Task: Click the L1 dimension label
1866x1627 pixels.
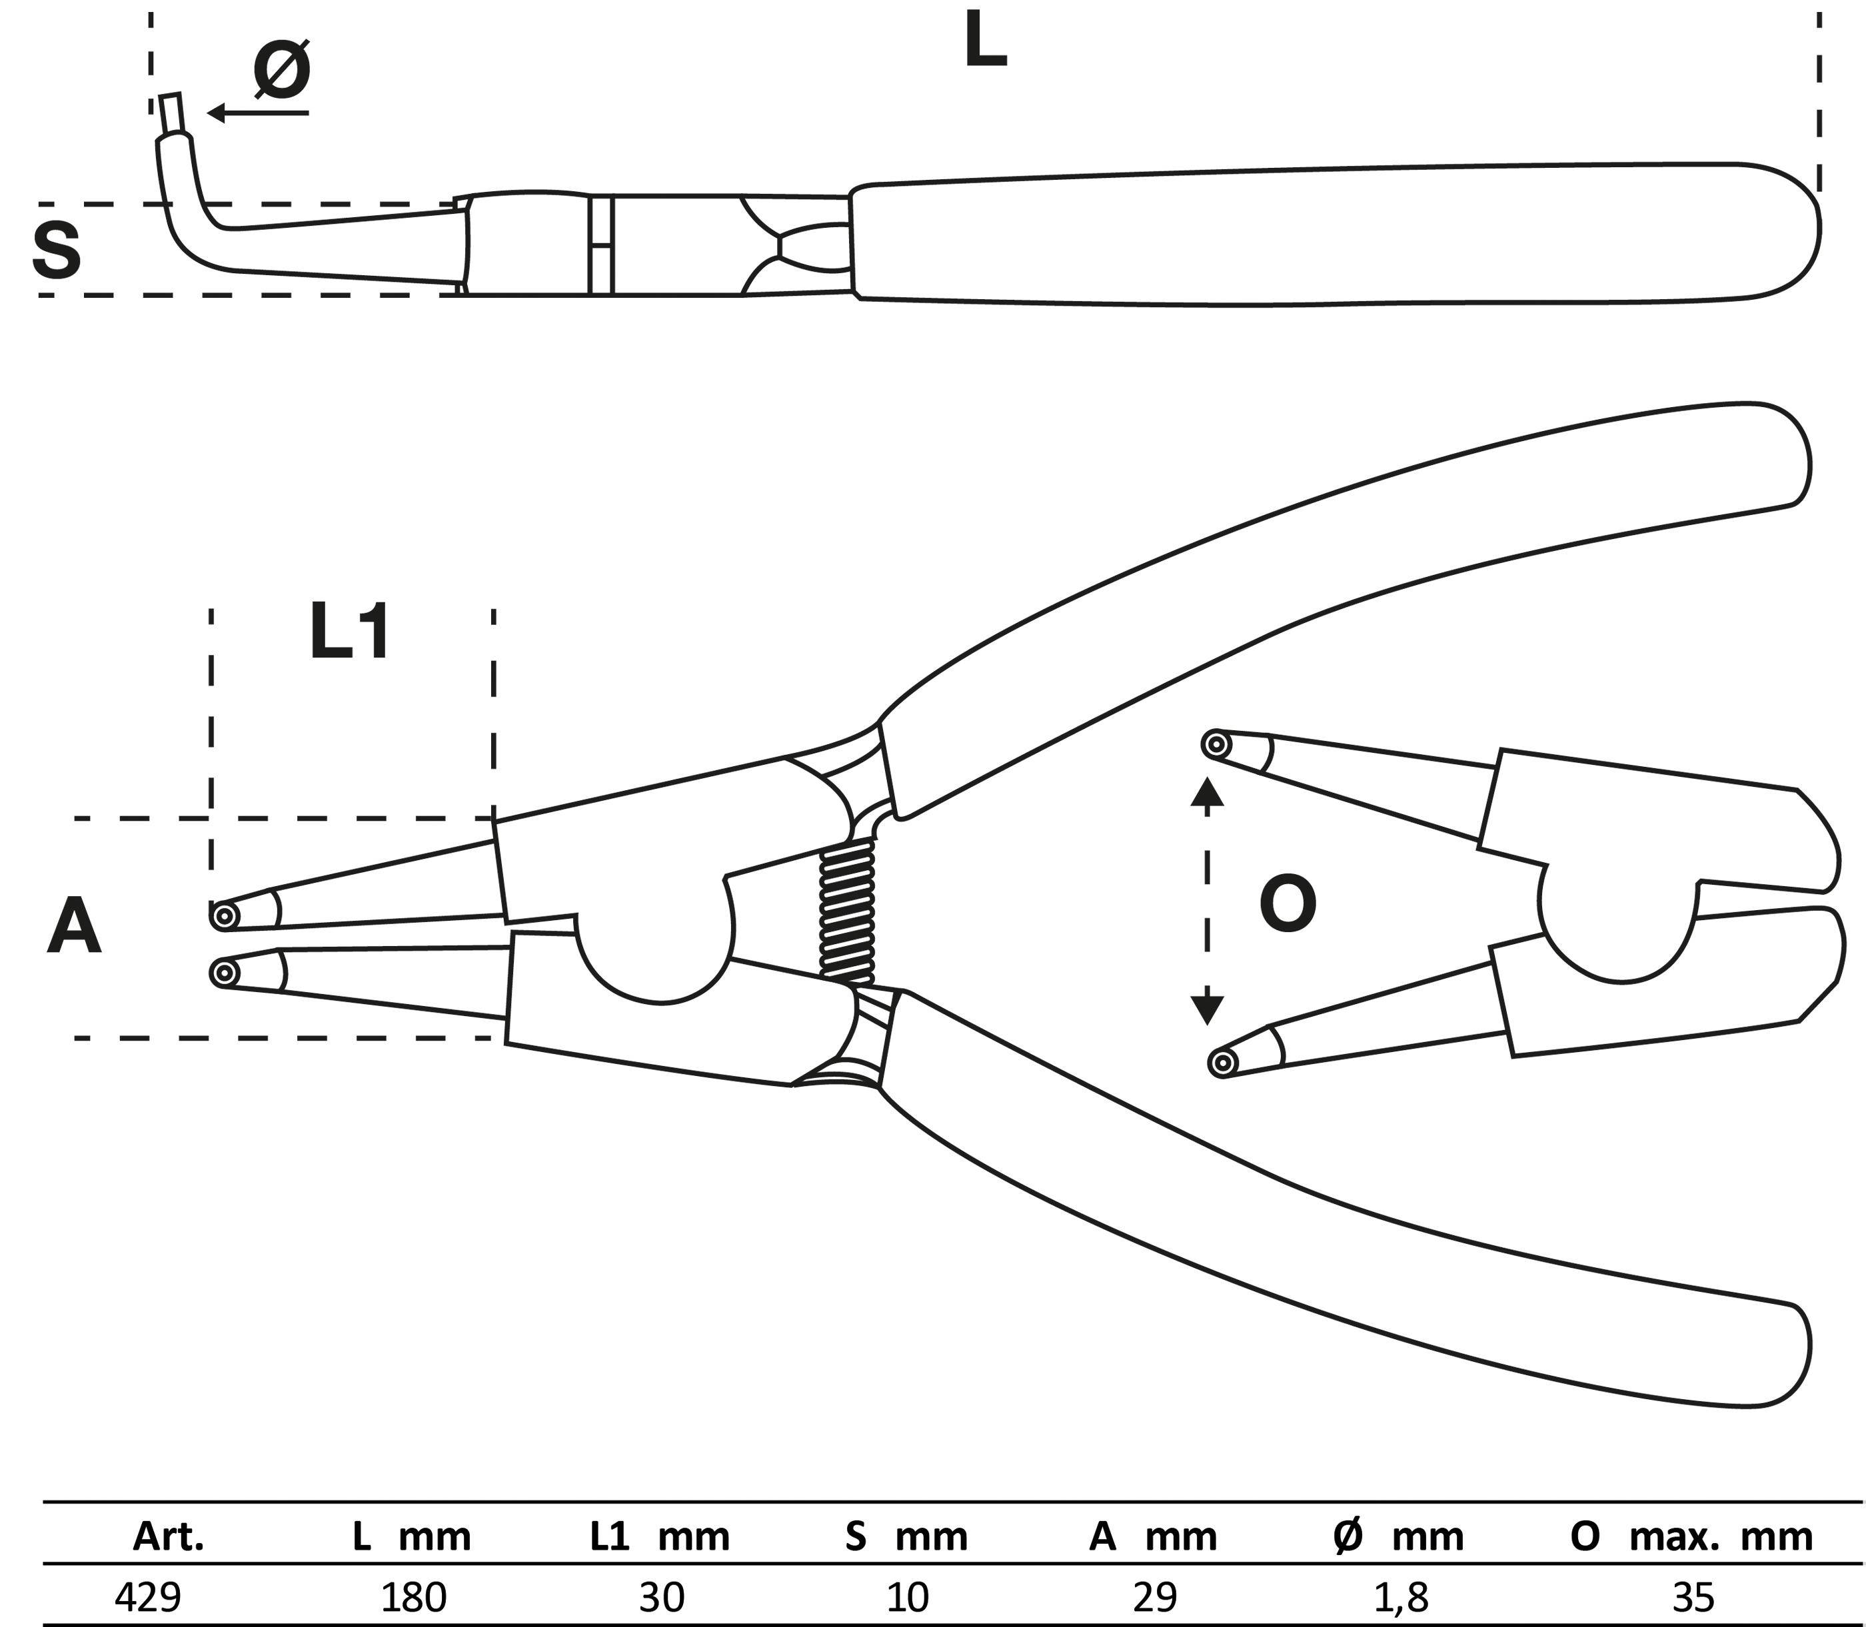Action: pos(350,633)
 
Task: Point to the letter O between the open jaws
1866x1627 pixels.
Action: pos(1288,905)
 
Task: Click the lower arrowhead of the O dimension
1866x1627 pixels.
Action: pos(1207,1009)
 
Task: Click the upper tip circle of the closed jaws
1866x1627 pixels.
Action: pos(223,916)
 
